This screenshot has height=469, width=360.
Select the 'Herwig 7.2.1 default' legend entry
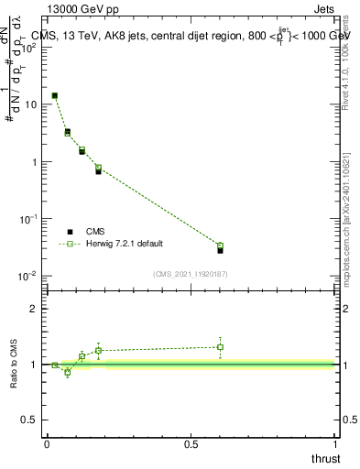(120, 244)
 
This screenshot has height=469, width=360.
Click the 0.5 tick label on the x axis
(191, 444)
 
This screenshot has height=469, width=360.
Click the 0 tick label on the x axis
(47, 444)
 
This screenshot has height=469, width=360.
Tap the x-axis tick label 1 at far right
(335, 444)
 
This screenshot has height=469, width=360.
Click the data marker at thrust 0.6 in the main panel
(220, 248)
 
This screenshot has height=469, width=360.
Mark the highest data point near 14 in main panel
(55, 95)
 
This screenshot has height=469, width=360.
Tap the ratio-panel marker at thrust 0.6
(220, 347)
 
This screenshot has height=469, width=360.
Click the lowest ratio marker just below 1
(67, 372)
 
